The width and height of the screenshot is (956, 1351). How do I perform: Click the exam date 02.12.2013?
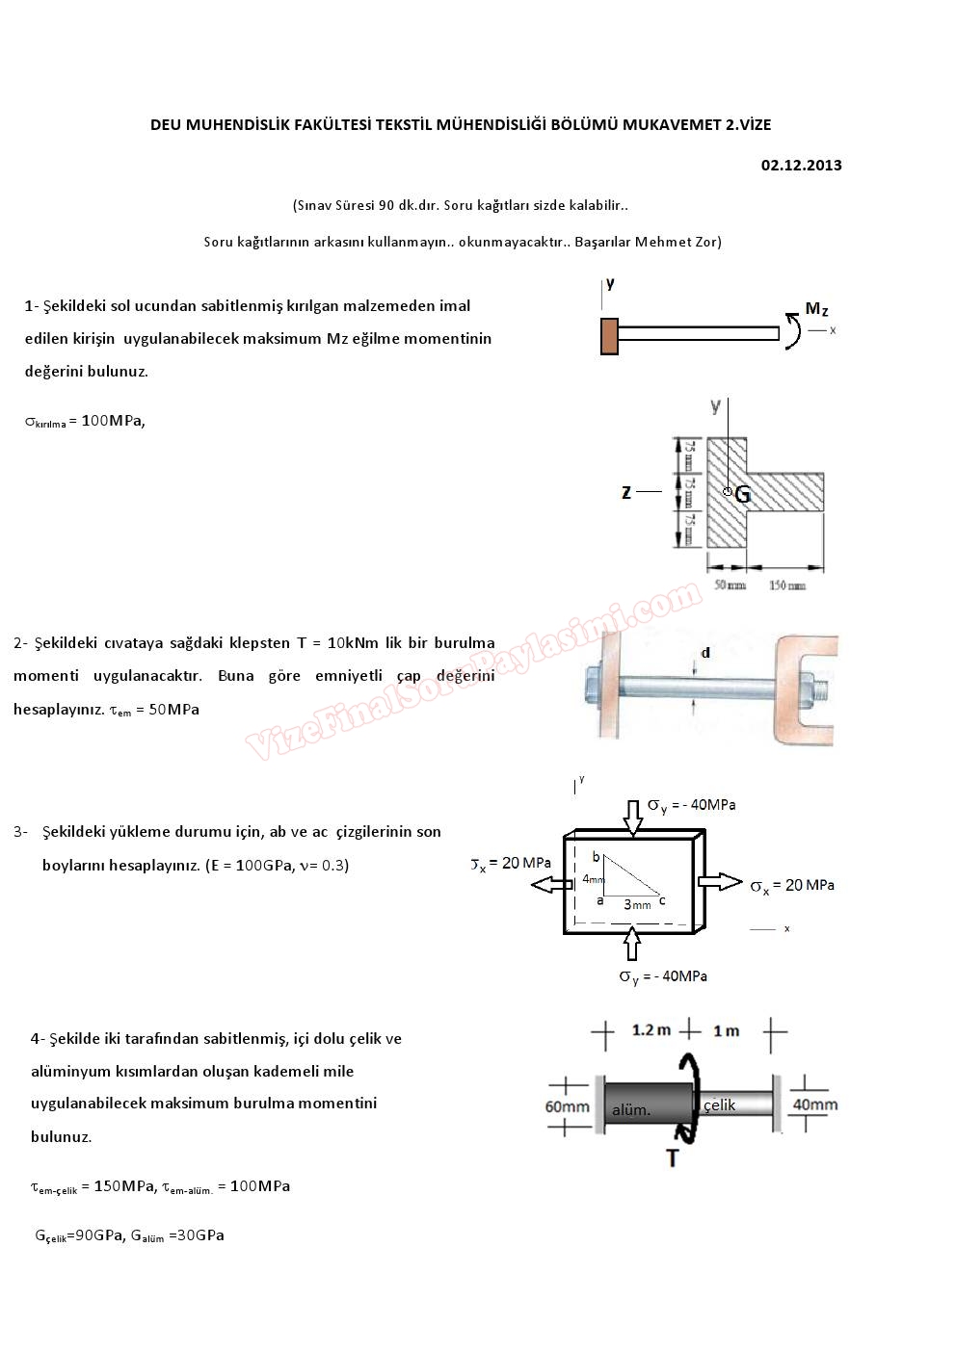[801, 165]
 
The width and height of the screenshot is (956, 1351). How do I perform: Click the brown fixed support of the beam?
[609, 334]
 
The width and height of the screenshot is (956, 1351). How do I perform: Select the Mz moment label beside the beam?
[816, 309]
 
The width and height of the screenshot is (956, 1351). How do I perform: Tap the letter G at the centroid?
[742, 495]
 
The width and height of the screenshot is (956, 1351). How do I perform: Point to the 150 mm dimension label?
[787, 585]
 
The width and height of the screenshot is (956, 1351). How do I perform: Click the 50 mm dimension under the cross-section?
[730, 585]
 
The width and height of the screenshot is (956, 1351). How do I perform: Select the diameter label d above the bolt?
[705, 653]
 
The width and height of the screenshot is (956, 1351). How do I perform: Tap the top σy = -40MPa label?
[691, 805]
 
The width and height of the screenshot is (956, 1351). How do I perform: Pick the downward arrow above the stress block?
[632, 817]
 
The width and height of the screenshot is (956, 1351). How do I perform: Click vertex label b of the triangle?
[596, 857]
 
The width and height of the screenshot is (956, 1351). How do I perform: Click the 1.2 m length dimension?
[651, 1030]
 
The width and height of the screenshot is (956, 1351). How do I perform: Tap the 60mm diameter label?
[567, 1106]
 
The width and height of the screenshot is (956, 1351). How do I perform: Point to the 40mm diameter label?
[814, 1104]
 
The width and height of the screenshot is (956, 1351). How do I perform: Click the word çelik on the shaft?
[720, 1104]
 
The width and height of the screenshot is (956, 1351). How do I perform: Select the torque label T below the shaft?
[673, 1157]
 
